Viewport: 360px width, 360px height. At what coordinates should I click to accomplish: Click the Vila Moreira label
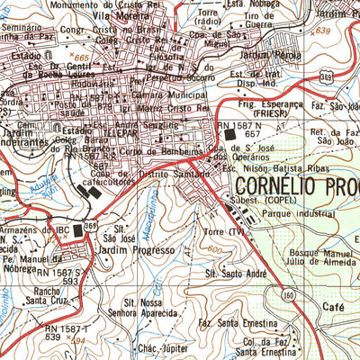pyautogui.click(x=129, y=16)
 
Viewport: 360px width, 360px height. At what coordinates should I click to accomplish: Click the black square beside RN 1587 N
pyautogui.click(x=229, y=134)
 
